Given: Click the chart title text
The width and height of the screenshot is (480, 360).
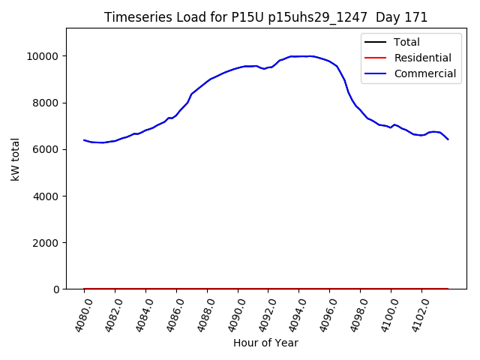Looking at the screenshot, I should [x=265, y=17].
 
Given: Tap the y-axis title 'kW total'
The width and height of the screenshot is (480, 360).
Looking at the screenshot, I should [x=15, y=159].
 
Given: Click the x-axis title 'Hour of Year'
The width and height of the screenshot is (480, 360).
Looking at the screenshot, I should [x=265, y=343].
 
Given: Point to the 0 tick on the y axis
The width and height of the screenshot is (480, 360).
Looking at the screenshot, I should [x=56, y=289].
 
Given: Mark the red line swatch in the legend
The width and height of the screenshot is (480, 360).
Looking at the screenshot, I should [x=376, y=58].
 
